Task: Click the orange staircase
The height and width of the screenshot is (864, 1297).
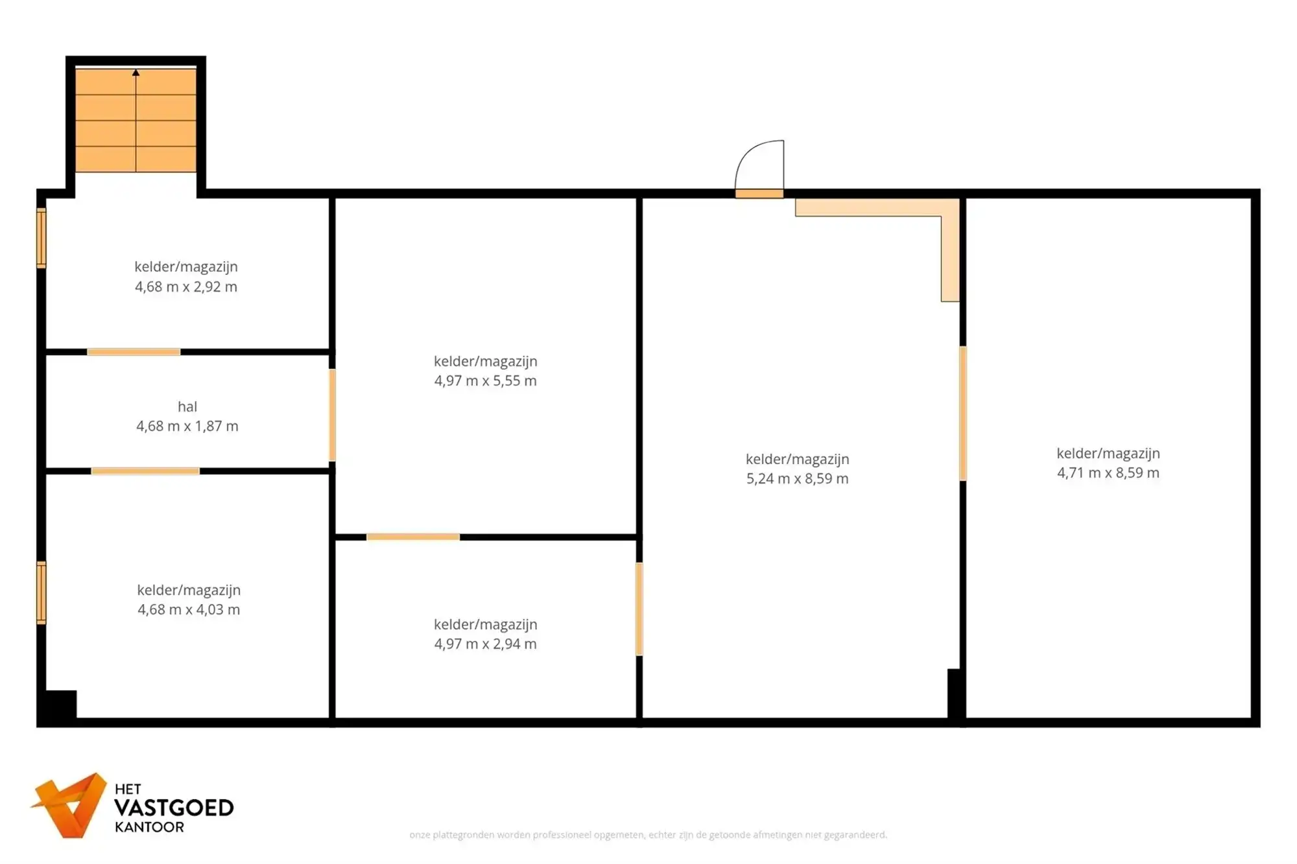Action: click(136, 121)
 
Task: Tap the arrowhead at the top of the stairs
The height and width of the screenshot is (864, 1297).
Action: click(136, 73)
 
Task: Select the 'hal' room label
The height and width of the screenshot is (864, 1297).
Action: click(187, 406)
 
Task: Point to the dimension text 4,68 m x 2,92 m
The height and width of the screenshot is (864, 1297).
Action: click(186, 286)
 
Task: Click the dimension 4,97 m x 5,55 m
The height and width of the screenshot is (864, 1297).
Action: click(486, 380)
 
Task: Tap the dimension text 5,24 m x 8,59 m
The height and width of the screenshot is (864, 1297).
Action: click(798, 478)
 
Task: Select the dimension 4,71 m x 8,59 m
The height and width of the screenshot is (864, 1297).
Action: click(1108, 473)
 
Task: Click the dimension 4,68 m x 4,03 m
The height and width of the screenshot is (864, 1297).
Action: click(189, 609)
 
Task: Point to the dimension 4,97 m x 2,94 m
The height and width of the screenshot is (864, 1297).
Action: click(486, 644)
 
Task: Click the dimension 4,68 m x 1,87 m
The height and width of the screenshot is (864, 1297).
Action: click(187, 426)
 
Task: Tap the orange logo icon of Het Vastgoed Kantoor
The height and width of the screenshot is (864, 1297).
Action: click(69, 804)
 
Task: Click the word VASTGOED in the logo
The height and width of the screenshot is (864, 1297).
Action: click(174, 808)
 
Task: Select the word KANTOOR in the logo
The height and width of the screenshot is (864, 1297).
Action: click(149, 827)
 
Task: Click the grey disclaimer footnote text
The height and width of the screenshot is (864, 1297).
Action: click(648, 835)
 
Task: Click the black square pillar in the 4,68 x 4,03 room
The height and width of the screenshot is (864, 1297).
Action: click(61, 704)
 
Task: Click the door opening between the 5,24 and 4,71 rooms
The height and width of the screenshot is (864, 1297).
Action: click(963, 413)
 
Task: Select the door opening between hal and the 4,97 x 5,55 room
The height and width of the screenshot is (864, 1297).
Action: click(332, 415)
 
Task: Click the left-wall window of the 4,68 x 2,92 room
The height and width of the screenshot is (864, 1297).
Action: click(42, 238)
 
